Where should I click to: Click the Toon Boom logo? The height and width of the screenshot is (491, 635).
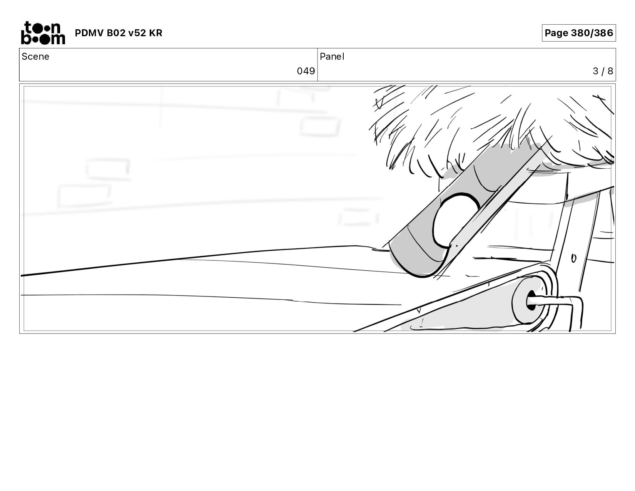pos(43,33)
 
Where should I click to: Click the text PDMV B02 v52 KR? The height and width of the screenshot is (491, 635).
pos(119,33)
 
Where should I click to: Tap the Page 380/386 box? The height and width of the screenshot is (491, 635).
pos(578,33)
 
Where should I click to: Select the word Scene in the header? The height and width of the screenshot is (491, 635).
pos(35,57)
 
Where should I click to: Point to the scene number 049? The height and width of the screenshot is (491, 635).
pos(306,71)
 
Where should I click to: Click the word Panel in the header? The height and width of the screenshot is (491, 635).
pos(332,57)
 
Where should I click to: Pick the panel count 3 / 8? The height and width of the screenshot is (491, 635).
pos(603,71)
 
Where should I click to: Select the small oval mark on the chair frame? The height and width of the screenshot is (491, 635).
pos(573,258)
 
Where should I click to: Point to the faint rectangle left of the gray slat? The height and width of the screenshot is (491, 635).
pos(358,217)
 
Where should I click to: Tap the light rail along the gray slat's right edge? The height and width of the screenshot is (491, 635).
pos(496,200)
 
